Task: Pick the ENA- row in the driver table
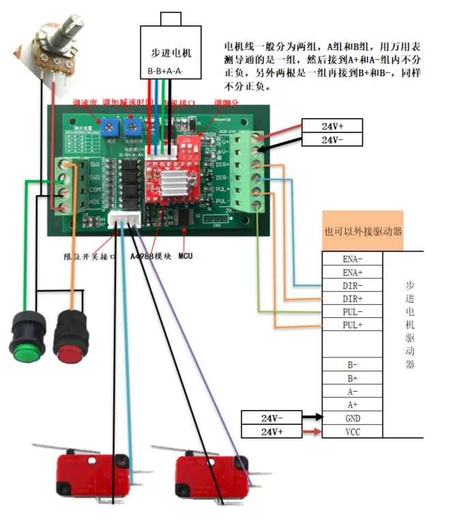pos(352,259)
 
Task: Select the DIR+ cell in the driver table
pos(352,299)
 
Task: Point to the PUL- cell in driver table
pos(352,312)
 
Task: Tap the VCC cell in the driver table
pos(352,432)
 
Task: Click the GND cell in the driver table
pos(352,418)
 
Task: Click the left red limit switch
pos(82,471)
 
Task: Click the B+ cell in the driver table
pos(352,378)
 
